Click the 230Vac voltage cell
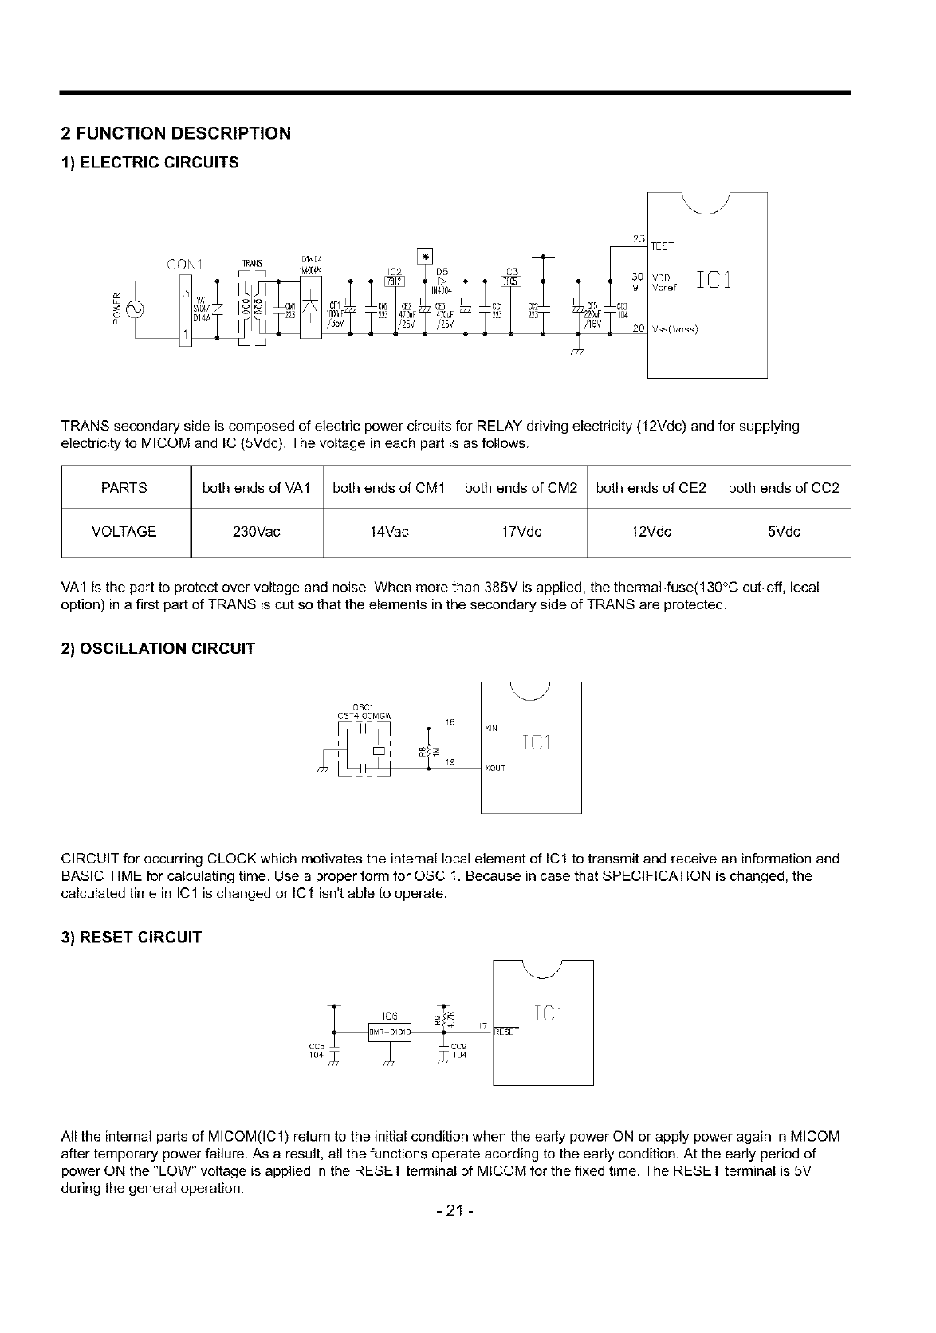point(257,532)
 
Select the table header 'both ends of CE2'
point(651,488)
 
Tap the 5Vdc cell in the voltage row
point(784,532)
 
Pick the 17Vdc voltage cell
point(520,532)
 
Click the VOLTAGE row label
point(124,532)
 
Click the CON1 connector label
point(185,264)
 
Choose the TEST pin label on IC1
point(663,247)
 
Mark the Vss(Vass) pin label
point(674,329)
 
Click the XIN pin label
point(491,728)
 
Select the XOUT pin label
point(495,769)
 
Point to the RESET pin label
point(507,1032)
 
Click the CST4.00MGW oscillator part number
point(364,715)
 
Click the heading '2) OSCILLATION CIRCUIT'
point(158,648)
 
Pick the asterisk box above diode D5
point(424,256)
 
